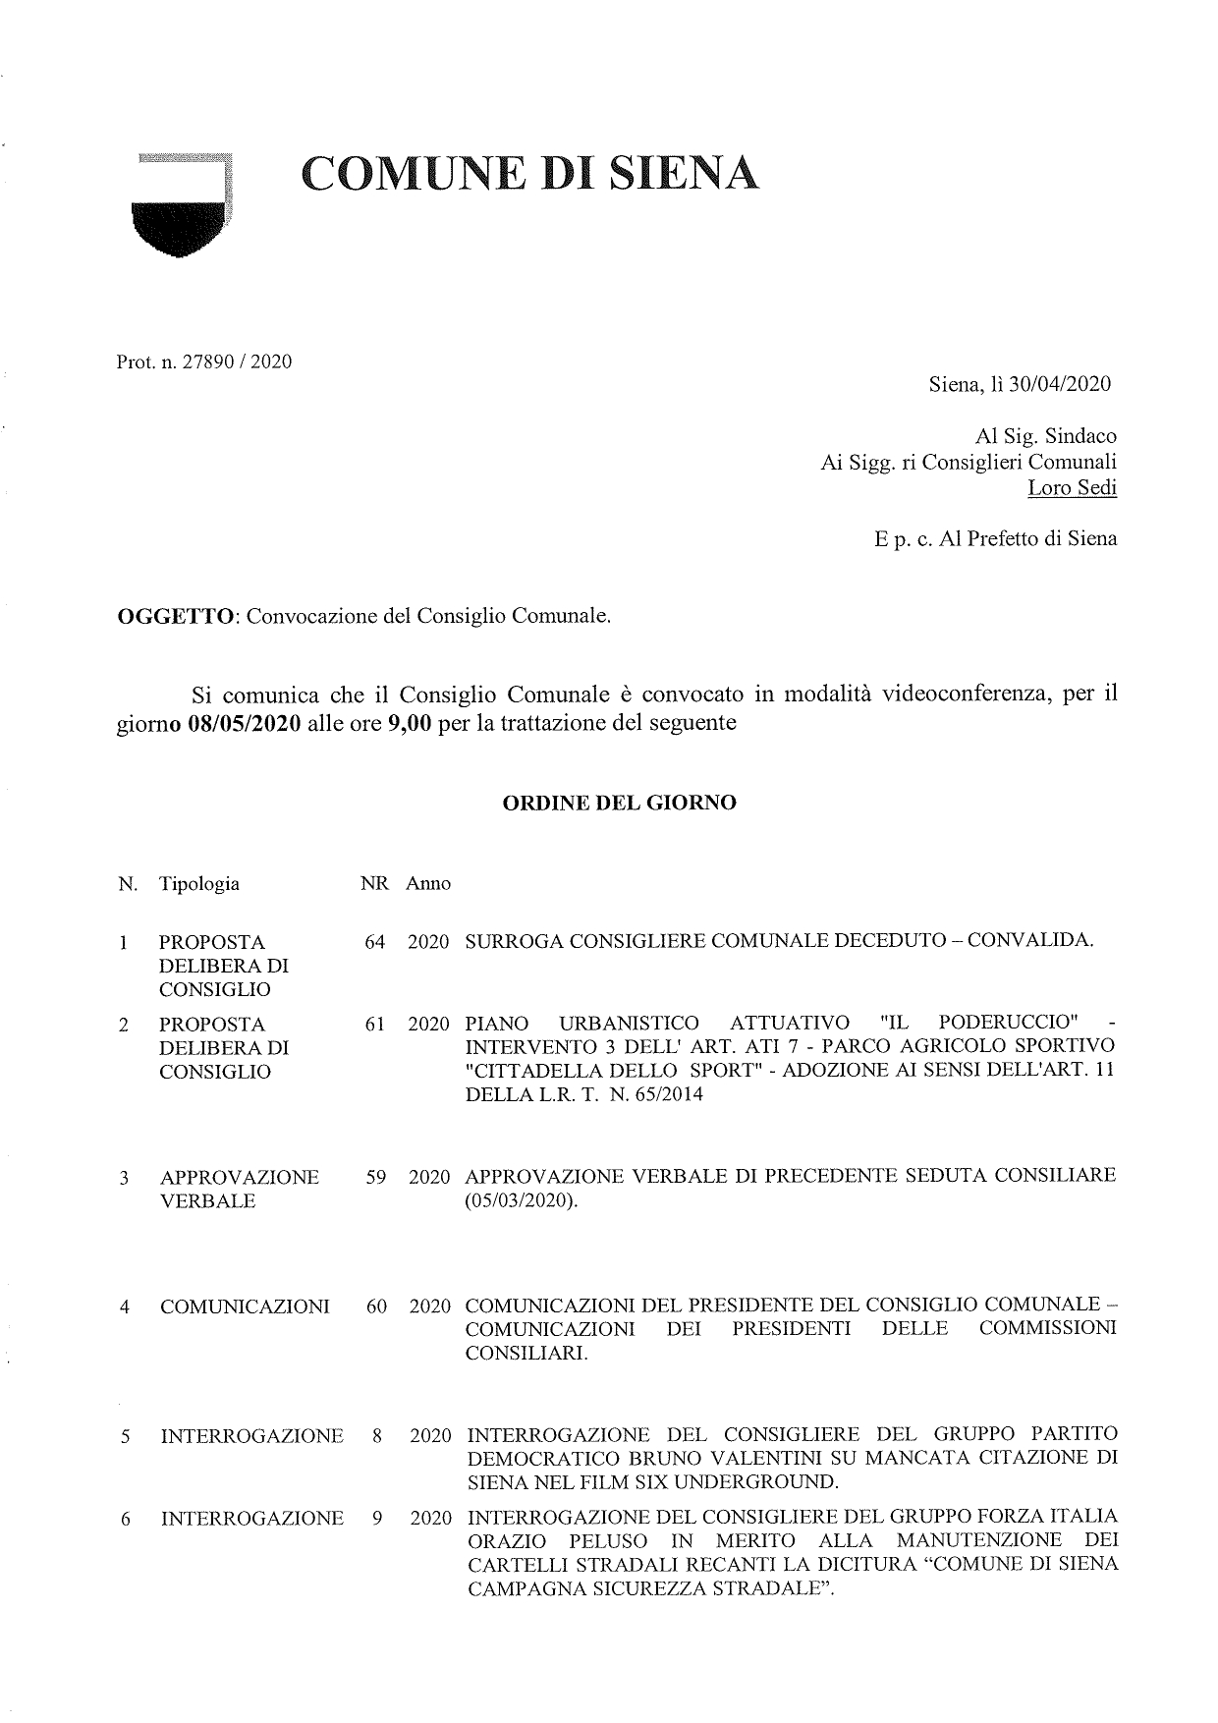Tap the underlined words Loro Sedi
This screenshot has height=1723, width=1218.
tap(1072, 487)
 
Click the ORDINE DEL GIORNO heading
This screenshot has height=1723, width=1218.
tap(619, 803)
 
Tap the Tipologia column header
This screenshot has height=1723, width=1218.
tap(199, 883)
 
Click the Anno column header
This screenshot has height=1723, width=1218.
tap(428, 883)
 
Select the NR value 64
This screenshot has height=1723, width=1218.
tap(375, 942)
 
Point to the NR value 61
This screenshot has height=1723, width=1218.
tap(375, 1025)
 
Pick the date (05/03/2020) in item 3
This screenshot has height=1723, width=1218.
tap(522, 1200)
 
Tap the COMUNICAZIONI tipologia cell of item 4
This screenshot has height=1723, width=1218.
tap(245, 1306)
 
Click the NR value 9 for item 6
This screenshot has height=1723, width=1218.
tap(378, 1519)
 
